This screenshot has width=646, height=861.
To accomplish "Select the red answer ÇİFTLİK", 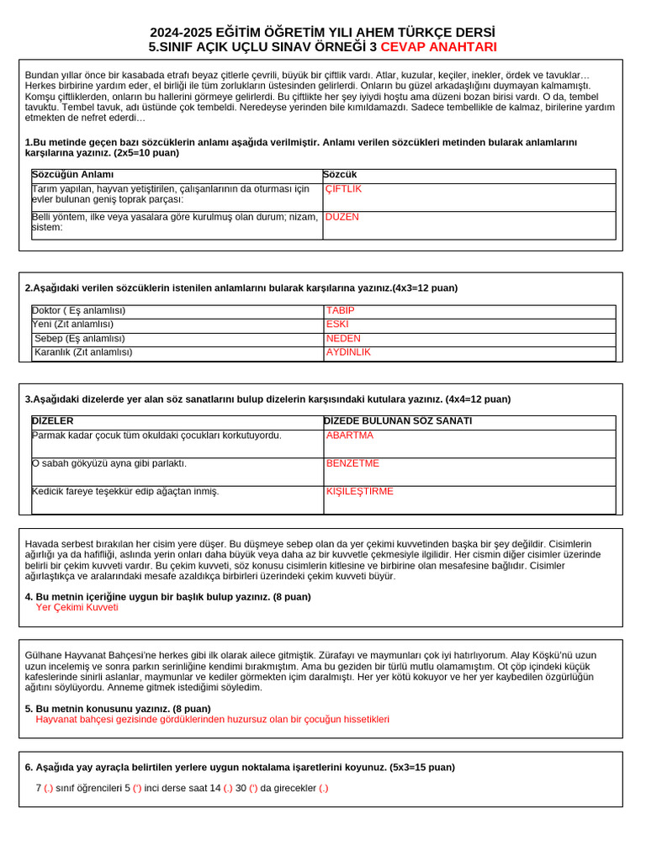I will click(x=343, y=189).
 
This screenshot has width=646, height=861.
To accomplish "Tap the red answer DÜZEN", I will click(x=342, y=217).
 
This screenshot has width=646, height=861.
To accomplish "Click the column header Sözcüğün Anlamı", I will click(x=72, y=175).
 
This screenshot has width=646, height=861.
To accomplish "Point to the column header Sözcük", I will click(x=340, y=175).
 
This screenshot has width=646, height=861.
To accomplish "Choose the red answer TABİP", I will click(x=340, y=310).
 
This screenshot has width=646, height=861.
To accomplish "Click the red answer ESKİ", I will click(x=337, y=324).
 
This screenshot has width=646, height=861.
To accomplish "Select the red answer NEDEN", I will click(x=343, y=338).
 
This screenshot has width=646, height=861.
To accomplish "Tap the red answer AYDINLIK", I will click(x=348, y=352).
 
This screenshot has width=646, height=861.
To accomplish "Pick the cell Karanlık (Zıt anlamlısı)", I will click(x=83, y=352).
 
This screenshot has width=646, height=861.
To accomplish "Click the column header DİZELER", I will click(x=53, y=420).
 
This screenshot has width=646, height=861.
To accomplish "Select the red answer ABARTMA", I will click(x=349, y=436).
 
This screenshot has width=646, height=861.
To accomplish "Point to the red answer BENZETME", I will click(x=352, y=463).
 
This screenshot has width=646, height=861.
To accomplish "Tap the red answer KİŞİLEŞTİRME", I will click(x=359, y=491).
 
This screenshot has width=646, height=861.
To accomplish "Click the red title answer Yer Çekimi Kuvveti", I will click(x=77, y=607).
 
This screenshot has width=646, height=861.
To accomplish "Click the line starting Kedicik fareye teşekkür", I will click(x=125, y=491).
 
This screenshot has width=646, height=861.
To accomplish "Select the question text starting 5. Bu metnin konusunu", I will click(x=118, y=709).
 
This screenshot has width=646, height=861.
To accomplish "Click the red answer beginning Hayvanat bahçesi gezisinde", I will click(x=212, y=720).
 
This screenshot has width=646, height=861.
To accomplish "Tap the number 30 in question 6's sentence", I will click(x=241, y=788).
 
